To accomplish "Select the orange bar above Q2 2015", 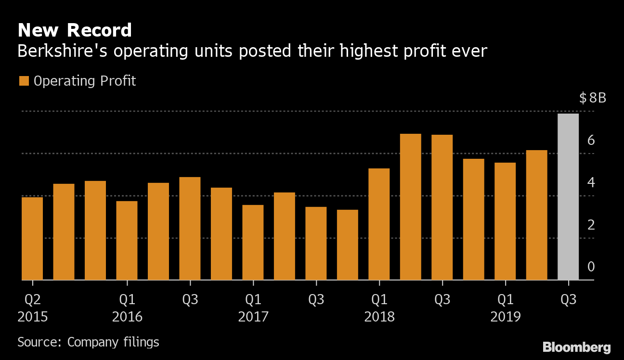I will [32, 238].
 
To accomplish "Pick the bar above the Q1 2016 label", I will [127, 240].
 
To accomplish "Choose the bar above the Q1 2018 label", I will [379, 224].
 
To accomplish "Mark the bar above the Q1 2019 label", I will [505, 221].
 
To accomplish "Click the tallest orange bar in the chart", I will [411, 206].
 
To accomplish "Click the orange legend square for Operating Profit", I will [24, 81].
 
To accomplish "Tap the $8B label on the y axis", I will [593, 99].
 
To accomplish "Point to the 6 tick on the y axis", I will [591, 141].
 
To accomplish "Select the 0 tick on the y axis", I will [591, 267].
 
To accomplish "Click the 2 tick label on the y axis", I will [591, 225].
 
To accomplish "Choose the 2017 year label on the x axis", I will [253, 317].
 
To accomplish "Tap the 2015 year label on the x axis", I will [32, 317].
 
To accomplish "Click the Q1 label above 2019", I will [505, 300].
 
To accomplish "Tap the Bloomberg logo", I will [576, 347].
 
